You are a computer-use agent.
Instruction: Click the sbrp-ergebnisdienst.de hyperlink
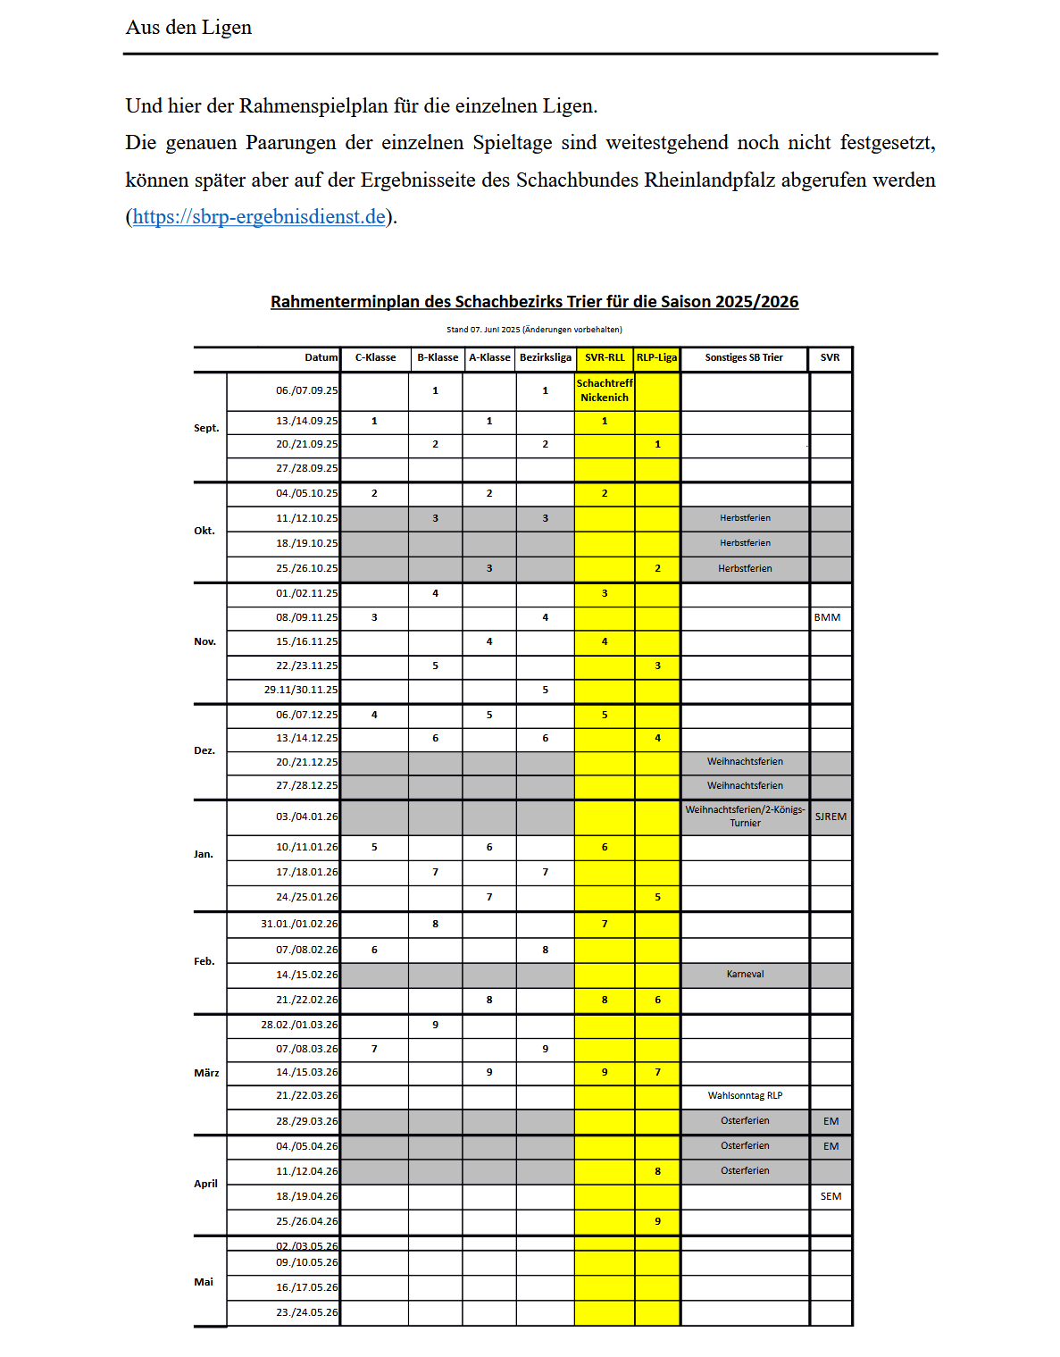[x=259, y=217]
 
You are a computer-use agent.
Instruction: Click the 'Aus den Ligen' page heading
[x=188, y=28]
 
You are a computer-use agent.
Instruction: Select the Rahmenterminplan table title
[x=534, y=302]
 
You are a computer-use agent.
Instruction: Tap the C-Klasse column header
[x=375, y=358]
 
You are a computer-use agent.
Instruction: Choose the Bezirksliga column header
[x=545, y=358]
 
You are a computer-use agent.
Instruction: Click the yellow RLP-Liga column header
[x=656, y=358]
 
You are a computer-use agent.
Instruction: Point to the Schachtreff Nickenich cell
[x=605, y=391]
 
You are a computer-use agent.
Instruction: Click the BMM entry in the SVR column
[x=827, y=618]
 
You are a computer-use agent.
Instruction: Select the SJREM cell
[x=830, y=817]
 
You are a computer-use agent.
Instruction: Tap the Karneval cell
[x=745, y=975]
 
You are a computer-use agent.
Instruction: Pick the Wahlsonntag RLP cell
[x=745, y=1096]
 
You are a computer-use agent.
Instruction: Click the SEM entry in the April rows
[x=830, y=1197]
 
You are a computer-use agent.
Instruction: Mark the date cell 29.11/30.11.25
[x=301, y=691]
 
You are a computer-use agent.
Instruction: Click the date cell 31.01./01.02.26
[x=299, y=925]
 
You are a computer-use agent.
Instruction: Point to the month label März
[x=206, y=1074]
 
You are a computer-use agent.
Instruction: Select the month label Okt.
[x=204, y=532]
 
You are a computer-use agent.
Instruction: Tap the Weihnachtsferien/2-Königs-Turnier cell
[x=745, y=817]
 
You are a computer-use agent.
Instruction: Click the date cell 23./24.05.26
[x=306, y=1313]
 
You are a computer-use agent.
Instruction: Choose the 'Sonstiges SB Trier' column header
[x=743, y=358]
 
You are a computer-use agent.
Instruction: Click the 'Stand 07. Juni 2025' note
[x=534, y=330]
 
